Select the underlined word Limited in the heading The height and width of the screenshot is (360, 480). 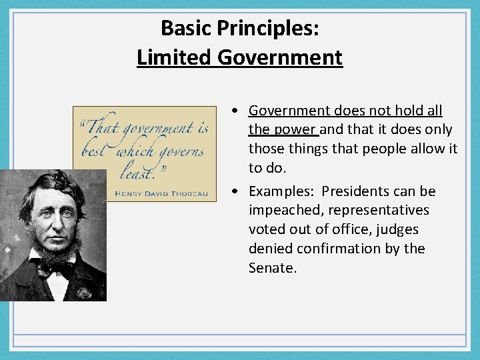(174, 57)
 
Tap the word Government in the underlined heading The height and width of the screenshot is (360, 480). (280, 57)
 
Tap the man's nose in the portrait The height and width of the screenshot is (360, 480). (56, 218)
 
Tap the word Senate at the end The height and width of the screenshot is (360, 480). (271, 268)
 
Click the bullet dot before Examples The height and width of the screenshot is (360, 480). (237, 192)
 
